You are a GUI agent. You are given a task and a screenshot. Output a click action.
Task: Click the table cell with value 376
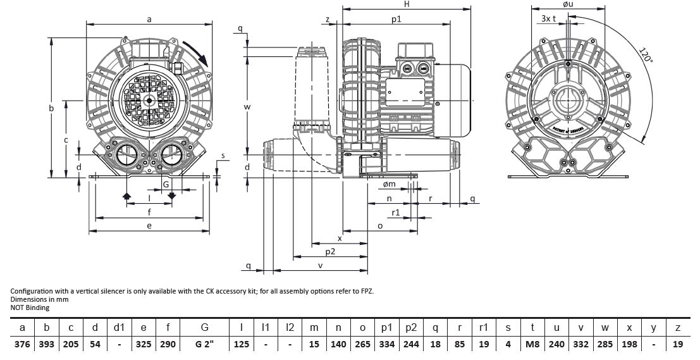(23, 344)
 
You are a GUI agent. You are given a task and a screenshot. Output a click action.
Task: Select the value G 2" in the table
(205, 344)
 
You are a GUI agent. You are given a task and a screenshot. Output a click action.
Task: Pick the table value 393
(47, 344)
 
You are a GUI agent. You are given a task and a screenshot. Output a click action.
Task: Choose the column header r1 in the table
(484, 327)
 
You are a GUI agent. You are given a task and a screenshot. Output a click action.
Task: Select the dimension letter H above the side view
(407, 4)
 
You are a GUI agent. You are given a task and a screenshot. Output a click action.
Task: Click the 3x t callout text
(549, 18)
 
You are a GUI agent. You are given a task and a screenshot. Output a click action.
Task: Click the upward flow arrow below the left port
(126, 197)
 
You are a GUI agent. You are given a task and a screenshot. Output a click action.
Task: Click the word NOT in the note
(18, 307)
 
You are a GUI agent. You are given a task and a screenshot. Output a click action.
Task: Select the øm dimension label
(389, 184)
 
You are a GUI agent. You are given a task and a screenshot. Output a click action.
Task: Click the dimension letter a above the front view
(149, 20)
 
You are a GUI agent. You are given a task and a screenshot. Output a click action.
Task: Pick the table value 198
(629, 344)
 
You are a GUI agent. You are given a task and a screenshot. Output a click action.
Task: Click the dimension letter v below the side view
(321, 266)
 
